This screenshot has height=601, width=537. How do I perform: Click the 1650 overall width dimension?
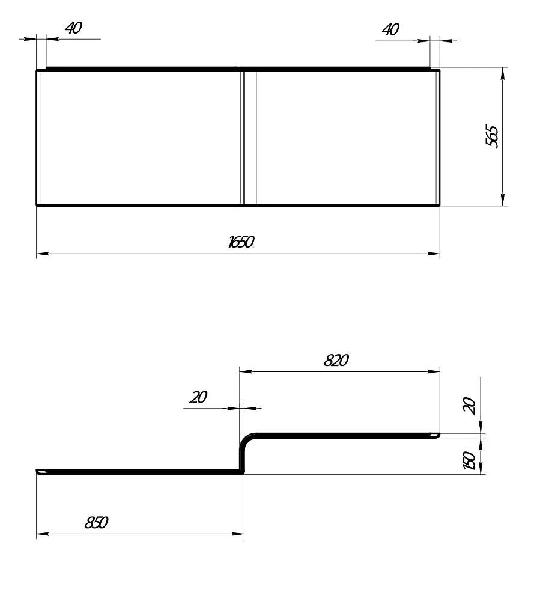click(x=241, y=242)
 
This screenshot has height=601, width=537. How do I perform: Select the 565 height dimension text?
click(x=492, y=136)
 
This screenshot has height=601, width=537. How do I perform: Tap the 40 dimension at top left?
click(x=73, y=28)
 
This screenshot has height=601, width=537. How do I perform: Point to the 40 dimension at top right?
click(x=390, y=29)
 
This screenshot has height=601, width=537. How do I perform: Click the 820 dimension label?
click(x=336, y=360)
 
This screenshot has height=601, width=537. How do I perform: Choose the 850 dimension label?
click(x=96, y=522)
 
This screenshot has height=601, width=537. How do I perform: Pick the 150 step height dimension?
click(x=469, y=460)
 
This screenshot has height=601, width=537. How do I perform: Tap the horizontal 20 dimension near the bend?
click(x=198, y=397)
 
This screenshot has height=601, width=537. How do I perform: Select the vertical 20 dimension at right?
click(x=469, y=406)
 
